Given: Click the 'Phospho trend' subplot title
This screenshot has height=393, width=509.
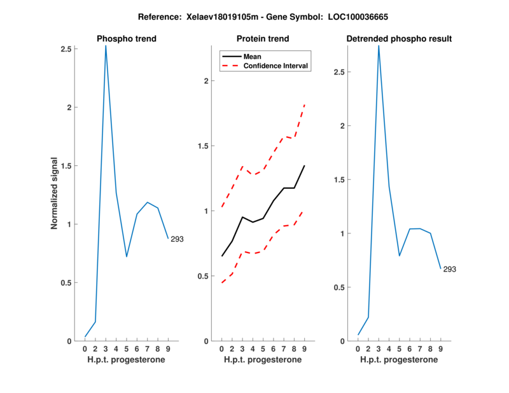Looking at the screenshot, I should point(127,39).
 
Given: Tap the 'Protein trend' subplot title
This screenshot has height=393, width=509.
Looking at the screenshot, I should point(263,39).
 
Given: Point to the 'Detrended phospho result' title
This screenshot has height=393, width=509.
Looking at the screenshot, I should point(399,39).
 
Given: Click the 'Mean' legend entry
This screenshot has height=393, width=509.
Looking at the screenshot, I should point(253,56).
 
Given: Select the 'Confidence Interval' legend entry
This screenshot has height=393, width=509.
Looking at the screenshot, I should point(277,65).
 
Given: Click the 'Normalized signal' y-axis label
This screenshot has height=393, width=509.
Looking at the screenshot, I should point(55,193).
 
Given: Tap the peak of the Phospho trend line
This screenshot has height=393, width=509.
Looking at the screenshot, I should point(106,46).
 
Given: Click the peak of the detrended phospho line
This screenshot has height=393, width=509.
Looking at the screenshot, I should point(379,46).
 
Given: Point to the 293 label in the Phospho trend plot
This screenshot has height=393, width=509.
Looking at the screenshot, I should point(177,239).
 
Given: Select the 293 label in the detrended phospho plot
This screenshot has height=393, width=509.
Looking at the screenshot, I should point(449,270).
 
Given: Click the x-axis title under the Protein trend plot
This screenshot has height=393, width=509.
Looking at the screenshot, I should point(263,360).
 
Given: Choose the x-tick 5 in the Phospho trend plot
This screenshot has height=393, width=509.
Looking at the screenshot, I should point(127,348).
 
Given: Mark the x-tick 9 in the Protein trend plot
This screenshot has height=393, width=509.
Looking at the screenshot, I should point(305,348).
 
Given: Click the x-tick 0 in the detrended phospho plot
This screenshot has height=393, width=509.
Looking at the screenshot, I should point(358,348).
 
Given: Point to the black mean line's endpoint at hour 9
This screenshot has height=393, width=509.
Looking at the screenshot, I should point(305,165).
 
